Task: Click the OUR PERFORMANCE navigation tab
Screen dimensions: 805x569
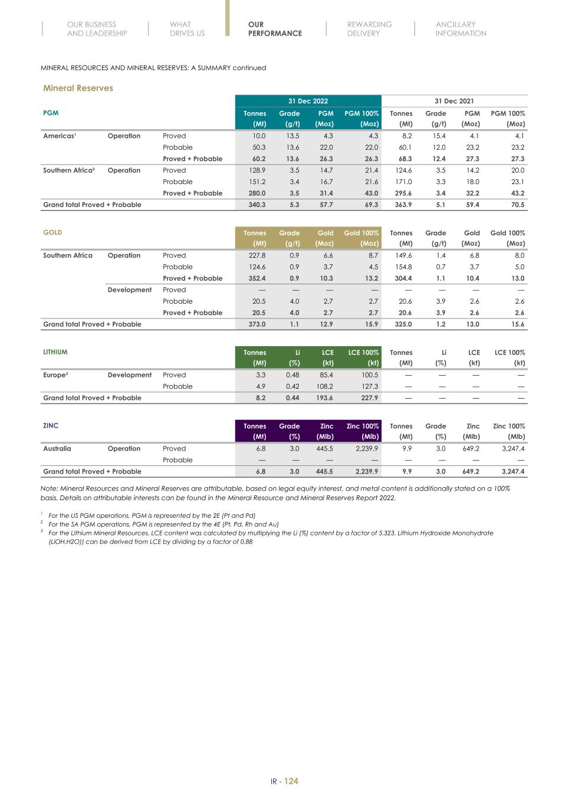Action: pos(274,29)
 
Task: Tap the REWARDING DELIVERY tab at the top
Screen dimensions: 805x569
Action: pos(369,29)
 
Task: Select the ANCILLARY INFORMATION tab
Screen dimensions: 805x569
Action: pos(461,29)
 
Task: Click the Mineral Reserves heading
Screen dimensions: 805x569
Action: pos(78,88)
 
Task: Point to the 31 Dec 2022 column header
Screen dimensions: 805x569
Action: pos(308,101)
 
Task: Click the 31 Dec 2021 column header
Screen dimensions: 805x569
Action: pos(454,101)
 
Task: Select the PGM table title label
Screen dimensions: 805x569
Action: pos(51,113)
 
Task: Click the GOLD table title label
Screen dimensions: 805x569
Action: pos(52,232)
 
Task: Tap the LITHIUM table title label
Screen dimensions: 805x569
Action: pos(55,352)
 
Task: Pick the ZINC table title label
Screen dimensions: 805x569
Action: pos(51,426)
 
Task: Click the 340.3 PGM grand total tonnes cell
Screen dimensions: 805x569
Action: pos(256,205)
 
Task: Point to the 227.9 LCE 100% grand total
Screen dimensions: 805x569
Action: pos(369,398)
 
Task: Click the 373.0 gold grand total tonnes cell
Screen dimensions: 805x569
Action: pos(256,324)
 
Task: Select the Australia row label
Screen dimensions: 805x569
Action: pos(57,449)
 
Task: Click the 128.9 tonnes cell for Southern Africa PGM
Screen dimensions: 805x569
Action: pos(256,170)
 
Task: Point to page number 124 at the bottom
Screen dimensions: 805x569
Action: pos(291,781)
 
